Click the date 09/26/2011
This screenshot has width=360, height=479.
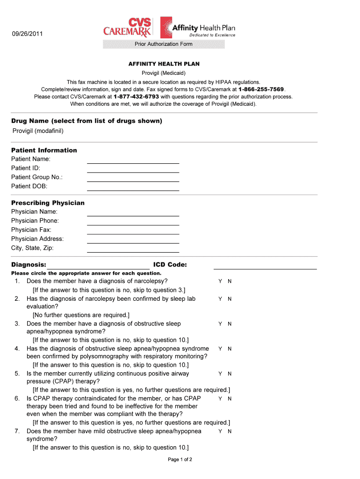tap(27, 33)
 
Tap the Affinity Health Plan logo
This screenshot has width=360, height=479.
tap(198, 28)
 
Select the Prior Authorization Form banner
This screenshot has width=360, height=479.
tap(163, 44)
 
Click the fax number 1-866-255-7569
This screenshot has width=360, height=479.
tap(261, 89)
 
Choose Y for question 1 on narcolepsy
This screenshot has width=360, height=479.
tap(220, 282)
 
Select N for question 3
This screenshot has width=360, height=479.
tap(230, 324)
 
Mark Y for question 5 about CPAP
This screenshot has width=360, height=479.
tap(220, 374)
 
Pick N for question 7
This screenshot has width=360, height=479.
tap(230, 431)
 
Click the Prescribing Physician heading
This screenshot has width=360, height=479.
tap(48, 203)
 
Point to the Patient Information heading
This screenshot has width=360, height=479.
tap(44, 150)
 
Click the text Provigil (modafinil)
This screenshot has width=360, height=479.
tap(38, 131)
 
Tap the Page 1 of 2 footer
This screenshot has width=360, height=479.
tap(180, 459)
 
